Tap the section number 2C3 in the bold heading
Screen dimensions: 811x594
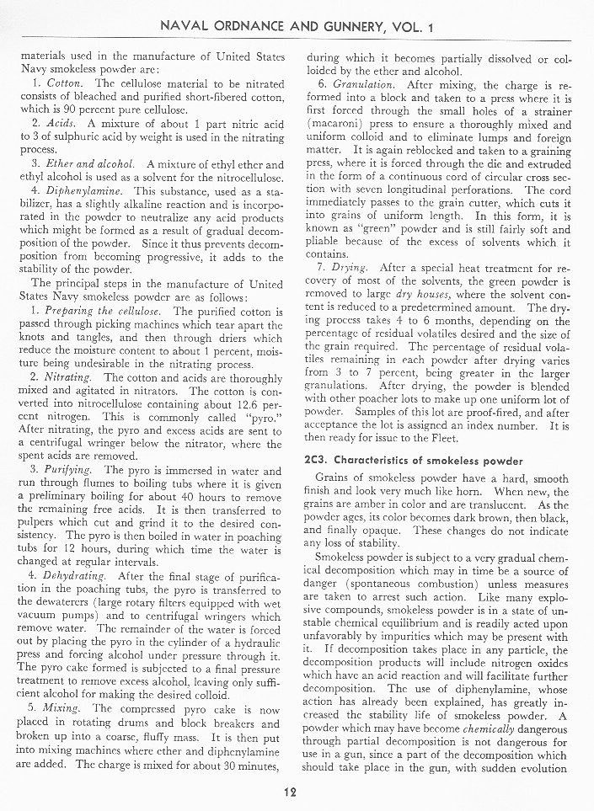point(315,461)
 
